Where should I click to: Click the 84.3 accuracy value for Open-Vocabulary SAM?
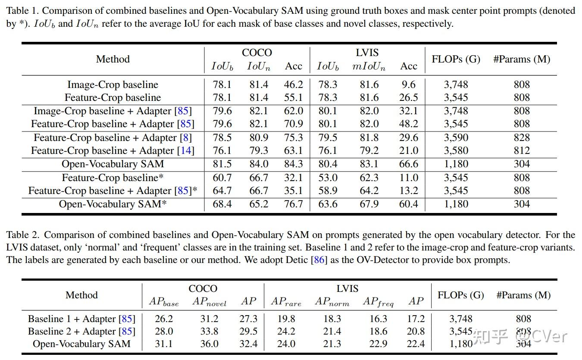coord(293,164)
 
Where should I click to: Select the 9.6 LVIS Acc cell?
coord(408,85)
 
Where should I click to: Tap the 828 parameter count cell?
coord(521,138)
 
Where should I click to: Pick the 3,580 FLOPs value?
coord(456,151)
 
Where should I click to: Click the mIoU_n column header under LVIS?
coord(369,66)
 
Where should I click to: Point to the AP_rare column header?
coord(286,302)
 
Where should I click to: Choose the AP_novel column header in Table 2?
coord(209,302)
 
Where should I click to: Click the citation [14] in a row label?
coord(186,151)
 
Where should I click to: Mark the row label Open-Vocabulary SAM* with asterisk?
coord(113,204)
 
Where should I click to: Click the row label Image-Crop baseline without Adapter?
coord(113,85)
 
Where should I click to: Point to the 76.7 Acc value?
coord(293,204)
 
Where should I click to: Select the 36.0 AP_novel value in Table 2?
coord(209,344)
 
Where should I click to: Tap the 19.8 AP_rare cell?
coord(286,319)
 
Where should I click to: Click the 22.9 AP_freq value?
coord(378,344)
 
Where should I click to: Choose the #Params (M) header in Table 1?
coord(522,59)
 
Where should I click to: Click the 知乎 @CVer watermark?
coord(519,336)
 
